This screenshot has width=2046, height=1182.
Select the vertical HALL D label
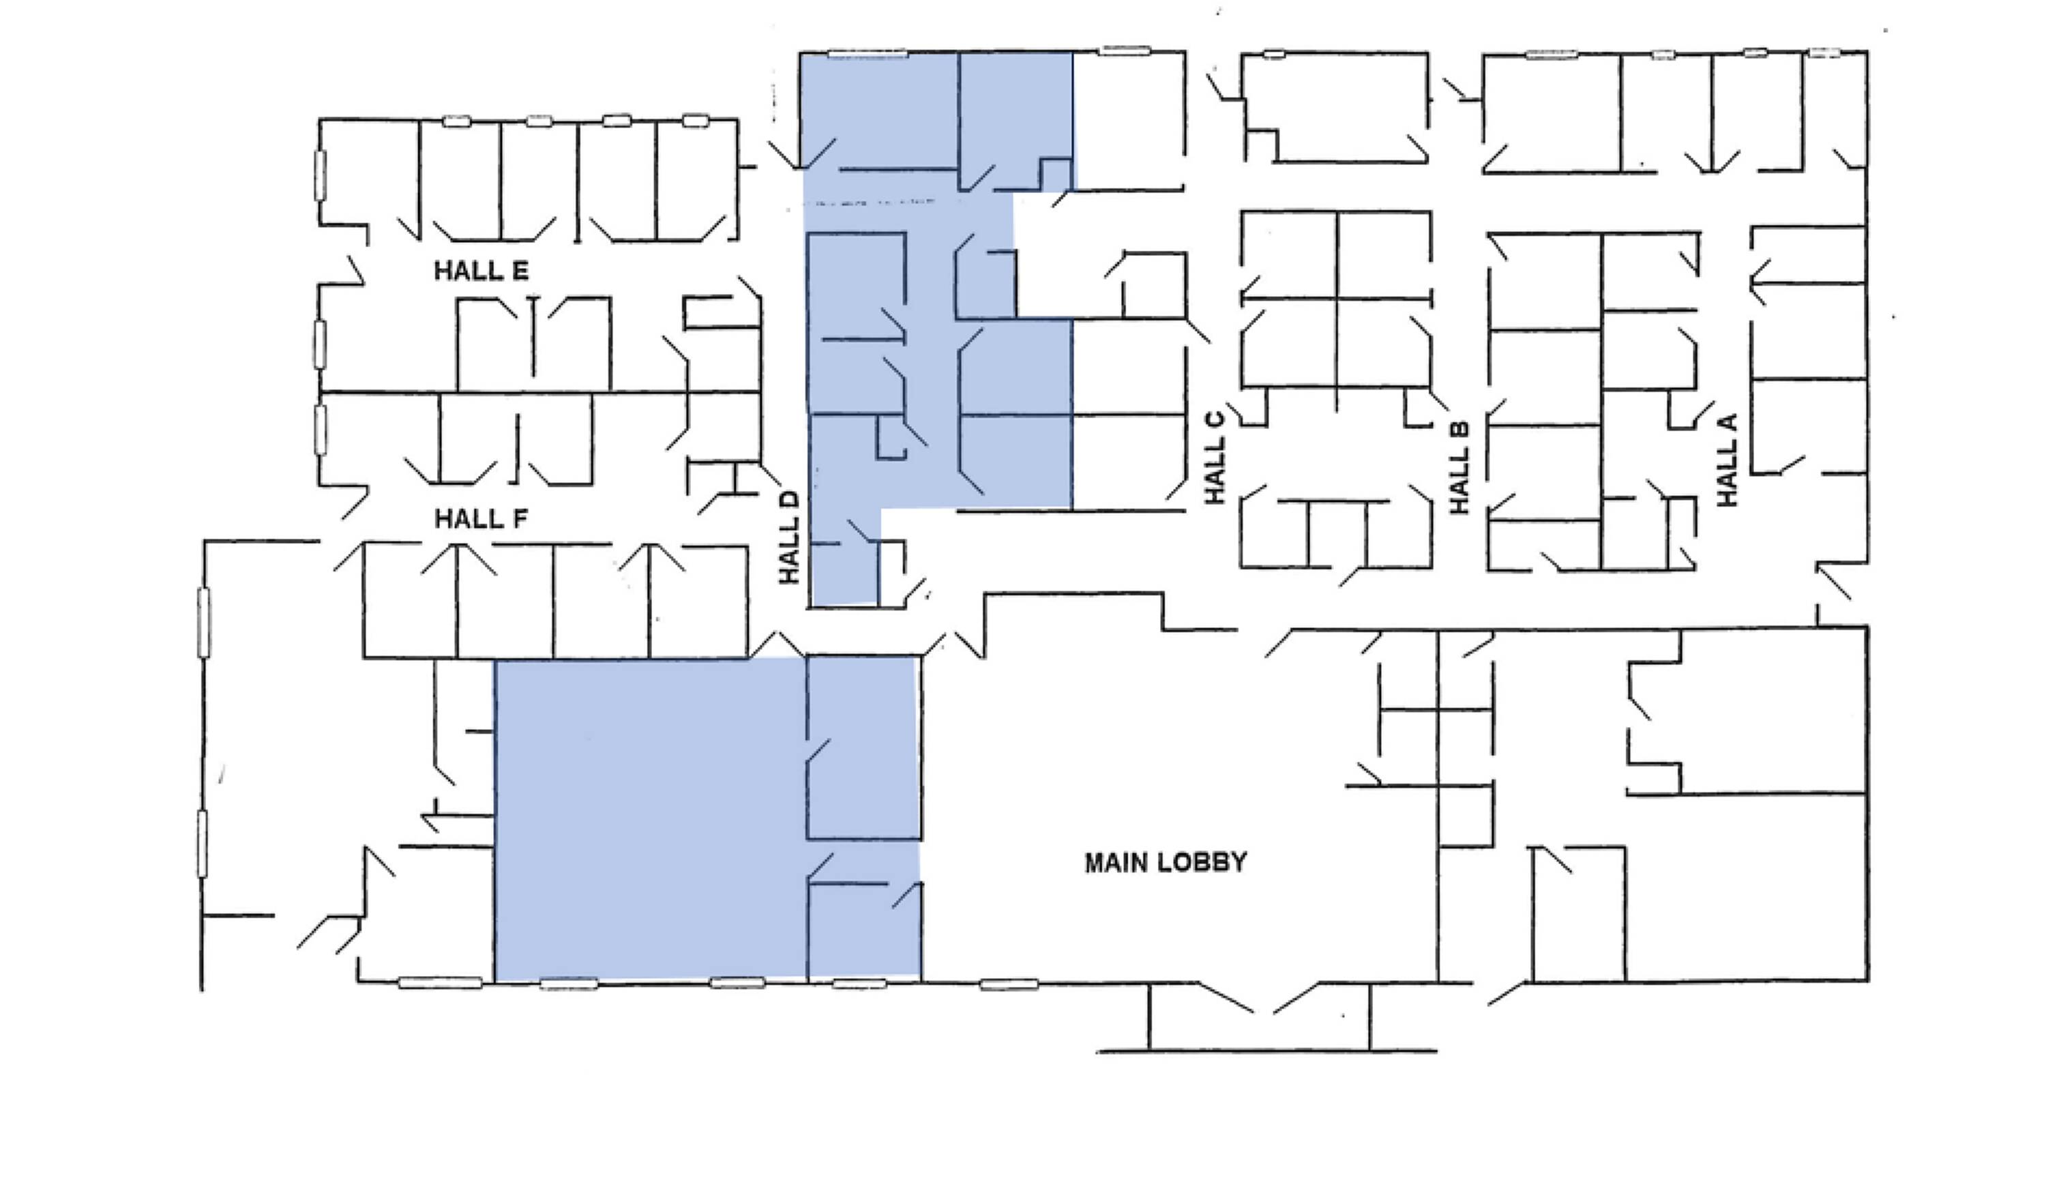(x=789, y=537)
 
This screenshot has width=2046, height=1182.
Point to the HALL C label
(x=1215, y=458)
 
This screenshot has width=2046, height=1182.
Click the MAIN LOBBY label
(x=1166, y=863)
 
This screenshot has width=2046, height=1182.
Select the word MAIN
(x=1116, y=863)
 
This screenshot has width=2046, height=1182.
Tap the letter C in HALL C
(x=1215, y=422)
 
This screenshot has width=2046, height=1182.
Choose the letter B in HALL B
(x=1459, y=431)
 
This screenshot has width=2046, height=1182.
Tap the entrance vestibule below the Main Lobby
(x=1259, y=1018)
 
